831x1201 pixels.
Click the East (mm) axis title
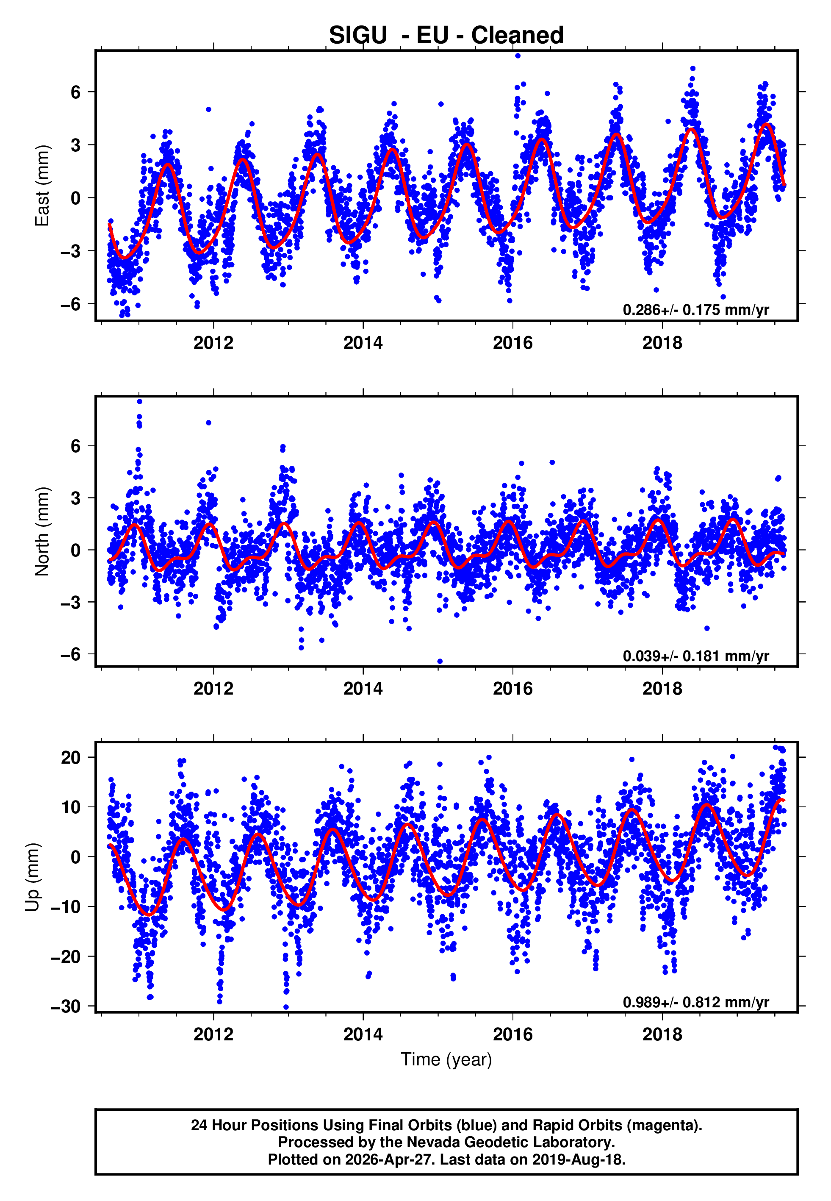pos(42,186)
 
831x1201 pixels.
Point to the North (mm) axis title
pos(42,531)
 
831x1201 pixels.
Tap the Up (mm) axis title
pos(32,877)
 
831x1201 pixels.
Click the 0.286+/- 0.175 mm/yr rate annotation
pos(695,310)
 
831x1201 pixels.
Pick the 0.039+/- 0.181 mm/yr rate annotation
pos(695,656)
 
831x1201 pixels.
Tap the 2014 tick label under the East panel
pos(363,343)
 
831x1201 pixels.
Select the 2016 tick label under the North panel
pos(512,689)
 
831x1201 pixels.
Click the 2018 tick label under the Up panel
pos(662,1034)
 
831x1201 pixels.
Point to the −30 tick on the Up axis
pos(66,1006)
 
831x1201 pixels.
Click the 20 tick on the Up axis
pos(71,757)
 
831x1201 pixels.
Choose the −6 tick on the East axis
pos(71,303)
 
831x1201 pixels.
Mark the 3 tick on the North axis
pos(76,498)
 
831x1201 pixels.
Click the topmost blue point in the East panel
pos(517,56)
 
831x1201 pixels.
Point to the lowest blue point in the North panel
pos(440,662)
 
